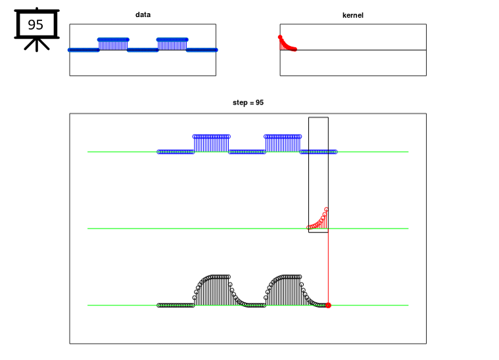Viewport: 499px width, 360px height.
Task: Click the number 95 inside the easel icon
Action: pos(36,25)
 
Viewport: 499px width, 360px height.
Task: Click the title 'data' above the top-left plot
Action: pos(143,14)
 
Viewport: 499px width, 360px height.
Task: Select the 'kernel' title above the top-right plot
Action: pos(352,15)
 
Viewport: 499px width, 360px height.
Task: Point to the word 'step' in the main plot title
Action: pos(240,102)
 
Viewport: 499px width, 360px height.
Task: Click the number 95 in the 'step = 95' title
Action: pos(260,102)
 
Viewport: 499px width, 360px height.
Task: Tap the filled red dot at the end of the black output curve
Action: pos(329,305)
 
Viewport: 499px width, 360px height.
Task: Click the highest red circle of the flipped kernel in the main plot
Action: pos(326,210)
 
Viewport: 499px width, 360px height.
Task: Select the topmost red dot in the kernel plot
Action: pos(280,37)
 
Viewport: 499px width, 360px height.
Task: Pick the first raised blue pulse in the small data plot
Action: pos(113,44)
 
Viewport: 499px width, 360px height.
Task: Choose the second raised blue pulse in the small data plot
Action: pos(172,44)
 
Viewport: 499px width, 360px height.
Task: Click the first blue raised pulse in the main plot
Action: pos(211,144)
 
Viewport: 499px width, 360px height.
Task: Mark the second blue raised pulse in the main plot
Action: pos(283,144)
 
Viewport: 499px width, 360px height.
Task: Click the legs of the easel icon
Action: pos(37,45)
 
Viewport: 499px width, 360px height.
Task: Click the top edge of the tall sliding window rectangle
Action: pos(318,118)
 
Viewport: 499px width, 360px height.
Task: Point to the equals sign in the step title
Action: pos(251,102)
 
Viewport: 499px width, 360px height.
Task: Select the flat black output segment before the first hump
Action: pos(176,305)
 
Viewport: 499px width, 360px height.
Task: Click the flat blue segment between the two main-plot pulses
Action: pos(247,152)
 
